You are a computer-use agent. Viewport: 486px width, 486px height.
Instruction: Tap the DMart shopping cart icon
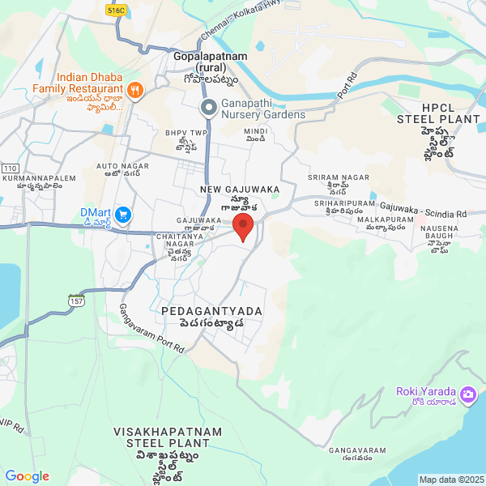tap(123, 215)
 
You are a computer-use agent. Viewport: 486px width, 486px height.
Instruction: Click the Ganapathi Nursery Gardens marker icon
tap(208, 108)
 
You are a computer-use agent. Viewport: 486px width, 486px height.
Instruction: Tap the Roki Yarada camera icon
tap(467, 394)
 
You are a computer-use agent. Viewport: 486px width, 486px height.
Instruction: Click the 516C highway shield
tap(116, 11)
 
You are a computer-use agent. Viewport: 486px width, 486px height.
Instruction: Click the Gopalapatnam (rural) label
tap(205, 62)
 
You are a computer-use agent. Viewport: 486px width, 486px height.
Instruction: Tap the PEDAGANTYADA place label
tap(202, 311)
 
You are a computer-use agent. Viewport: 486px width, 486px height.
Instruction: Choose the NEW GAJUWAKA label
tap(240, 189)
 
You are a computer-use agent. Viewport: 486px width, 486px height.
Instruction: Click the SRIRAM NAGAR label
tap(339, 177)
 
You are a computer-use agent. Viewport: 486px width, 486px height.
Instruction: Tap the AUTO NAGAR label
tap(119, 166)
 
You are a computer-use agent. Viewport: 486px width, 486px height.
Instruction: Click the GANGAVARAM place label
tap(357, 450)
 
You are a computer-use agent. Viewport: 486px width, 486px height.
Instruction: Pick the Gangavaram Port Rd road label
tap(151, 329)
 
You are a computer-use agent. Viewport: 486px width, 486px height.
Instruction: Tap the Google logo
tap(28, 476)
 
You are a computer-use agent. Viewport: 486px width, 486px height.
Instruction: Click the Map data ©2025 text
tap(450, 479)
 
